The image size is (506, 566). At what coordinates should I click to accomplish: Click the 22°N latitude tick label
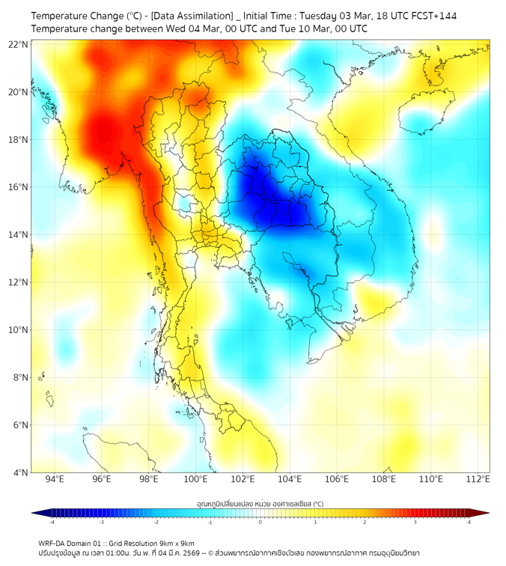click(x=19, y=44)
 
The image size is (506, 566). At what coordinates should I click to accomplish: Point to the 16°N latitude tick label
click(x=19, y=187)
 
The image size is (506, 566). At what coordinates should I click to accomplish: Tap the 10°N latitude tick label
click(x=19, y=330)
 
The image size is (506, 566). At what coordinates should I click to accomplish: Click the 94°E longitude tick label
click(x=55, y=478)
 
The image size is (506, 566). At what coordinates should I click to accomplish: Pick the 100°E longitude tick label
click(x=195, y=478)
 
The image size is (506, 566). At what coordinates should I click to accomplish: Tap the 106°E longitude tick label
click(x=337, y=478)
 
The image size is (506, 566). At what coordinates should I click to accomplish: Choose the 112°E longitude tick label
click(x=478, y=478)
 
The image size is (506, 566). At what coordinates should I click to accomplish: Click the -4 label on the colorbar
click(x=52, y=522)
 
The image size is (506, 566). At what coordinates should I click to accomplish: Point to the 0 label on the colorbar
click(x=260, y=522)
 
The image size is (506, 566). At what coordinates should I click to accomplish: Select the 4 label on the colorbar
click(x=469, y=522)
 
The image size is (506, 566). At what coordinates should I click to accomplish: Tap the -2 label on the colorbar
click(x=156, y=522)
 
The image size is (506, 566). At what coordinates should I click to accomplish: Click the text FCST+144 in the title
click(x=432, y=16)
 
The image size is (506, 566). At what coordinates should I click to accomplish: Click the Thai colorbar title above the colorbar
click(x=260, y=503)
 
